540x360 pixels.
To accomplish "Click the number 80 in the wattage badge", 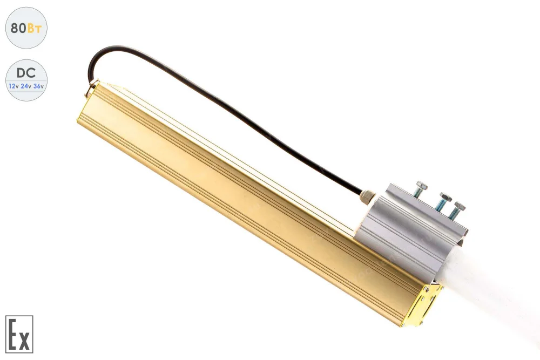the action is tap(18, 28).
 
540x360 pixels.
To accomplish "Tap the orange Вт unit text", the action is tap(35, 28).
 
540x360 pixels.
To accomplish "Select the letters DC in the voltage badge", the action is tap(26, 73).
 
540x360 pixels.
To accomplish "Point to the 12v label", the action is tap(14, 86).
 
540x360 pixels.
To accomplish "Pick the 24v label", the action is tap(26, 86).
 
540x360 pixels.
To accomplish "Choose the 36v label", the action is tap(38, 86).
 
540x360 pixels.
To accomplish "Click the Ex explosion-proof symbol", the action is tap(19, 334).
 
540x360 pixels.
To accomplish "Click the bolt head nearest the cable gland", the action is tap(422, 186).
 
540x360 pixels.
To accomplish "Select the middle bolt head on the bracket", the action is tap(446, 197).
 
